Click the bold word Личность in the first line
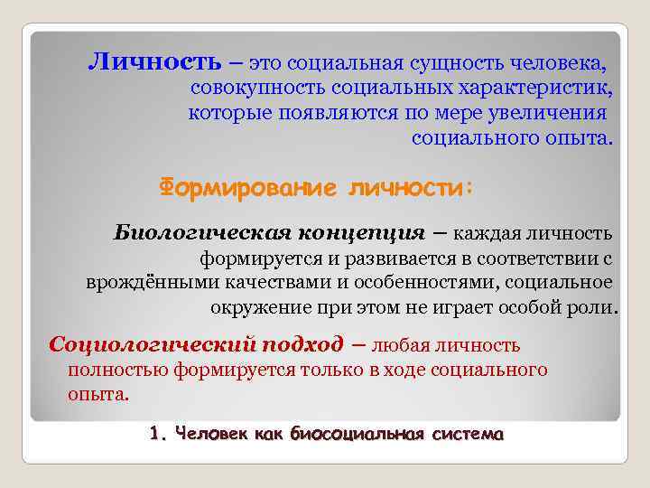click(x=154, y=62)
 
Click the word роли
click(x=593, y=306)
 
